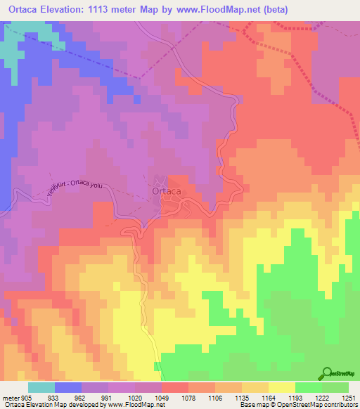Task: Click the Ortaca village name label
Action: (167, 190)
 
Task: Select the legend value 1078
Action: (188, 397)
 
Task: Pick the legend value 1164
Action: (269, 397)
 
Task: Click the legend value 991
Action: (108, 397)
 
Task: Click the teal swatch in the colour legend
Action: (41, 387)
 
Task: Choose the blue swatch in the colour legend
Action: (67, 387)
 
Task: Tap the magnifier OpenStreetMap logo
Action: (326, 374)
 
